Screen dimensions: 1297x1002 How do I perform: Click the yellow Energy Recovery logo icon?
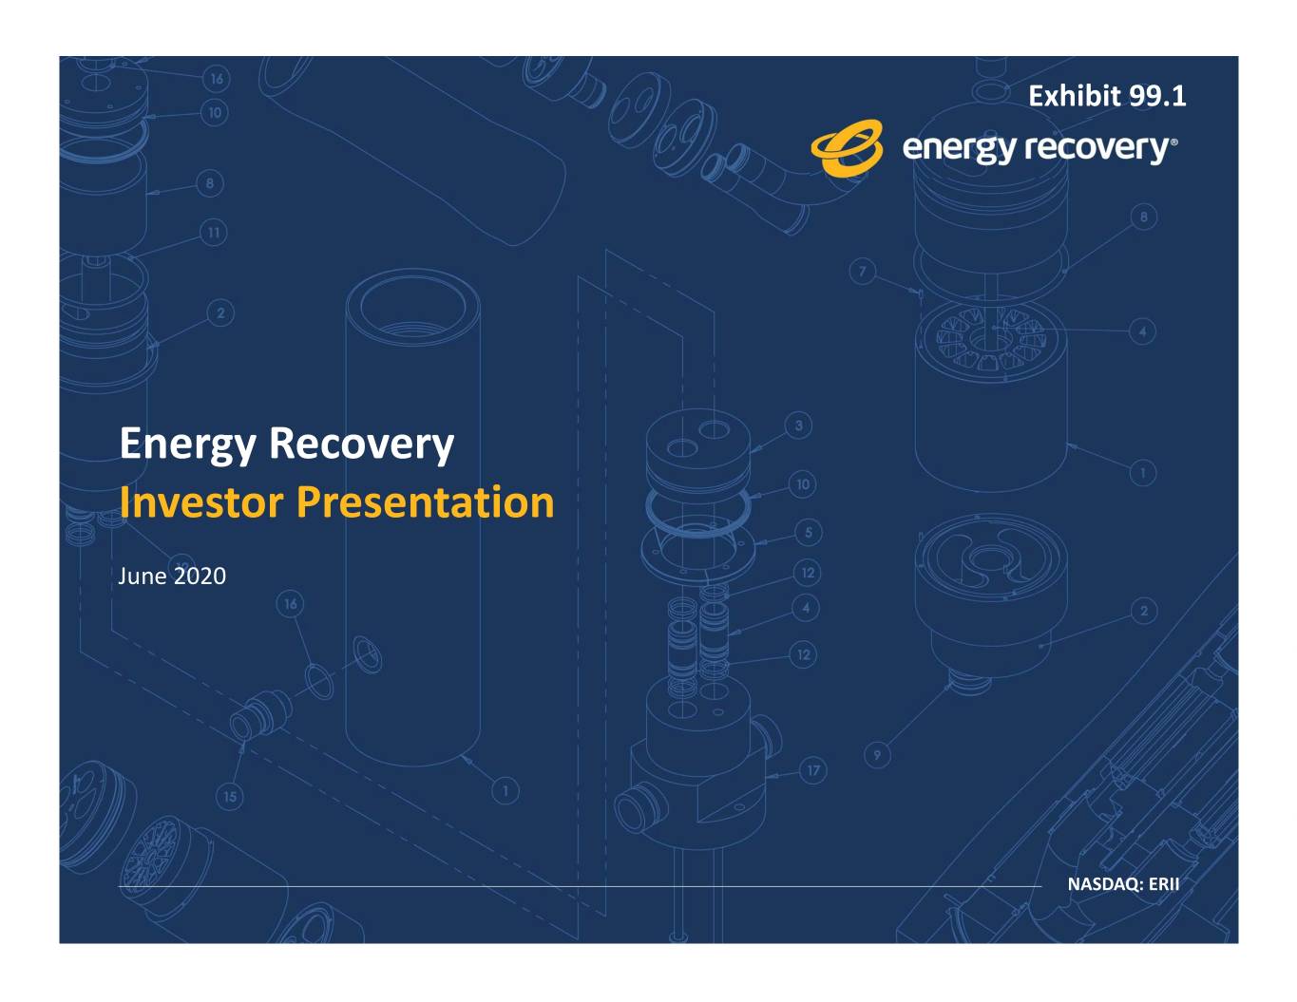click(847, 147)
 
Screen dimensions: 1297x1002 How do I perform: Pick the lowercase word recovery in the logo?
click(1097, 149)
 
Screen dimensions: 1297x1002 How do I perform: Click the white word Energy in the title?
click(188, 444)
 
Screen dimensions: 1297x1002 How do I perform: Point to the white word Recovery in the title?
click(362, 444)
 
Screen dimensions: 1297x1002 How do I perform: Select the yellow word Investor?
click(201, 502)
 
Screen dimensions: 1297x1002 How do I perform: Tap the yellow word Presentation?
click(426, 502)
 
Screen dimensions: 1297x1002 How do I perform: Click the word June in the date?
click(143, 577)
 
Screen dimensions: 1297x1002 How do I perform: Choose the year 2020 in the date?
click(200, 577)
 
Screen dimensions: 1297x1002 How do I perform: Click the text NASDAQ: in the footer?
click(1104, 884)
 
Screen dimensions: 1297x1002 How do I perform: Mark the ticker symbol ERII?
click(1164, 884)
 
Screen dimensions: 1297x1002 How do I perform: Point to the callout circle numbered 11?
click(214, 233)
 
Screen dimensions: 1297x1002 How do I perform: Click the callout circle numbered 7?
click(863, 272)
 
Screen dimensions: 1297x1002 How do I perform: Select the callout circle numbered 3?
click(798, 425)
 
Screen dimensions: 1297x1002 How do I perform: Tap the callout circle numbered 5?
click(809, 532)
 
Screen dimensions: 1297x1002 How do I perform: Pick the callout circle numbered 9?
click(877, 755)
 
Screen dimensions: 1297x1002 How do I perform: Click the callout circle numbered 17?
click(813, 770)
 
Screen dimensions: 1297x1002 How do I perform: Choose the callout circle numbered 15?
click(230, 797)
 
